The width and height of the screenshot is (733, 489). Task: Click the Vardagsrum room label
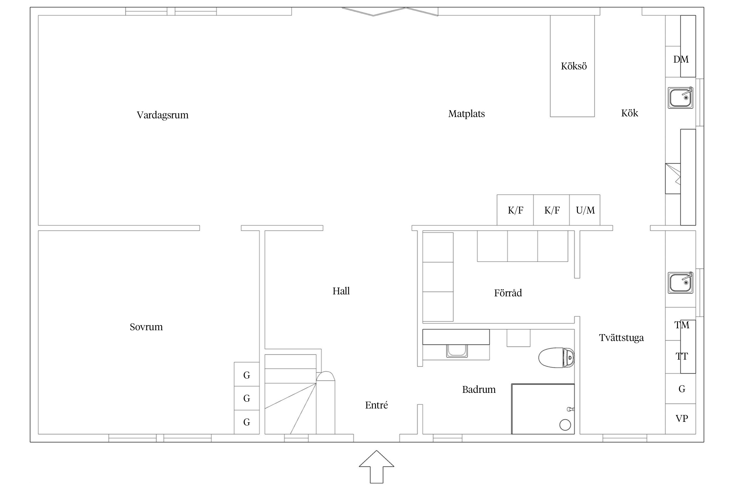163,115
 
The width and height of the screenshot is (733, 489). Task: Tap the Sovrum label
146,327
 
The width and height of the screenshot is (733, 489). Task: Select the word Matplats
467,114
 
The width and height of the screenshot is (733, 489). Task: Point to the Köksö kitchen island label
574,66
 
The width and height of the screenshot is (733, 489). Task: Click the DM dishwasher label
681,59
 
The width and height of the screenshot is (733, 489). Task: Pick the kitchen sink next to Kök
680,97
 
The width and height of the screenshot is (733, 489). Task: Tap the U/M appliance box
585,210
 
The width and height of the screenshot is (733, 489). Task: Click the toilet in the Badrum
556,358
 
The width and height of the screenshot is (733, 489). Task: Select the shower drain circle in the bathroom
565,425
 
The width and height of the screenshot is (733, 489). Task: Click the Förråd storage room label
508,293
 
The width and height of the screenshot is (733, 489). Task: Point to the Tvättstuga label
621,338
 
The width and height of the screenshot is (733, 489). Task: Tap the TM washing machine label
682,325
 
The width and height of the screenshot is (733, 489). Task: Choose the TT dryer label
682,356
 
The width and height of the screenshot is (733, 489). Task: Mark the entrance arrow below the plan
377,467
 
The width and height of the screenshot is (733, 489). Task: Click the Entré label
377,405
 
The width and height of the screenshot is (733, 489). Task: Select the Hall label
341,291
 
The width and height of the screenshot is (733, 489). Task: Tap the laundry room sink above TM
680,282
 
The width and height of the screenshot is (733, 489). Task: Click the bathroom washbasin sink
457,350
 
